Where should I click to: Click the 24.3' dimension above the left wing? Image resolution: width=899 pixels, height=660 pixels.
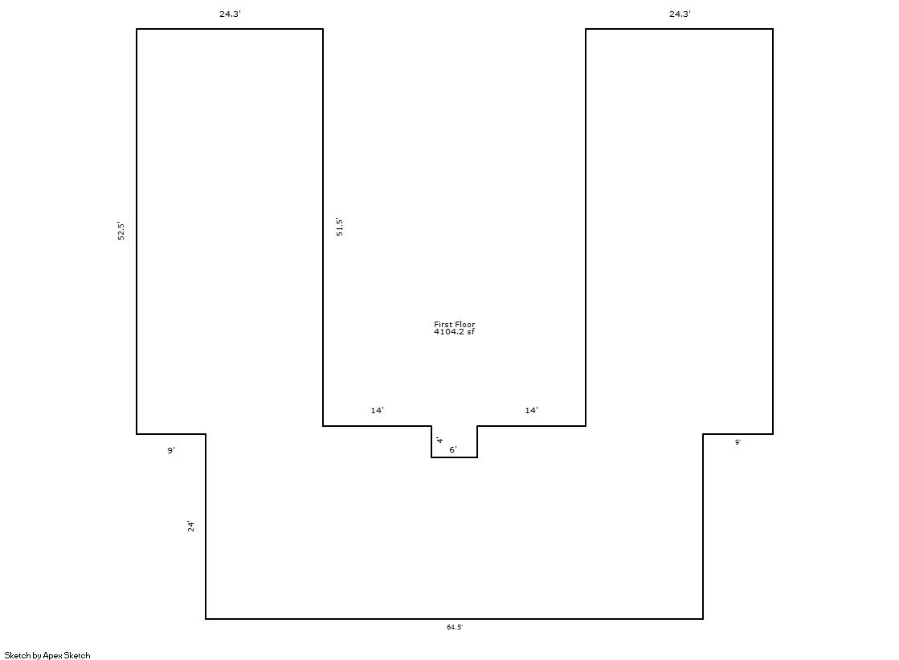coord(230,14)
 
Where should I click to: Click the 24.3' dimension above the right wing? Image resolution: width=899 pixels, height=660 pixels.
coord(680,14)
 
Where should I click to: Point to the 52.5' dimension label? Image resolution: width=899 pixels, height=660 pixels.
coord(121,231)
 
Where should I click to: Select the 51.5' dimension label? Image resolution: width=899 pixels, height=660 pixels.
coord(339,228)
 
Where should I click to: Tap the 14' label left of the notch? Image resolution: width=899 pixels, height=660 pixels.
coord(378,410)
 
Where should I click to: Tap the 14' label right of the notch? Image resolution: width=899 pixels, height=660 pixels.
coord(532,410)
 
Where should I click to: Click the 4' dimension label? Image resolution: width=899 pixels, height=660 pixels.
coord(439,441)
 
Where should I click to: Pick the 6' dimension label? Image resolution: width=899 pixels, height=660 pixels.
coord(453,450)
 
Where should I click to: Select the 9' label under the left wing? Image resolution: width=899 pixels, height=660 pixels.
coord(171,450)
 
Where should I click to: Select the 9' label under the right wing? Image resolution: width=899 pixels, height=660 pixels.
coord(738,442)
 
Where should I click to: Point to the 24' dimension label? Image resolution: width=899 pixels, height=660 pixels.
coord(191,527)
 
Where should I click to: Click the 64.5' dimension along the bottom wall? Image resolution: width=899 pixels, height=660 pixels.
coord(455,627)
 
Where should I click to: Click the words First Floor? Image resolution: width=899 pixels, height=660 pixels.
coord(455,324)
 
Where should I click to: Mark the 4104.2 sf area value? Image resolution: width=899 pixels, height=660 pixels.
coord(454,332)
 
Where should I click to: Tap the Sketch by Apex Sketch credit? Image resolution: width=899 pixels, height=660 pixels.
coord(47,655)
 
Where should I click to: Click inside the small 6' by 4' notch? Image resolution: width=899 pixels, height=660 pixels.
coord(454,441)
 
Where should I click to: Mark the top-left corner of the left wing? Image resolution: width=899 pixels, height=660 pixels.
coord(137,29)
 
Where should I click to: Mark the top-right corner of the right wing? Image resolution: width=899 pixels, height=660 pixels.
coord(773,29)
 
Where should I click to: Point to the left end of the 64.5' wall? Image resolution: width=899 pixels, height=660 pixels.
coord(206,619)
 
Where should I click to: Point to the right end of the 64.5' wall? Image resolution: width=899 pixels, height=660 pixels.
coord(703,619)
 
